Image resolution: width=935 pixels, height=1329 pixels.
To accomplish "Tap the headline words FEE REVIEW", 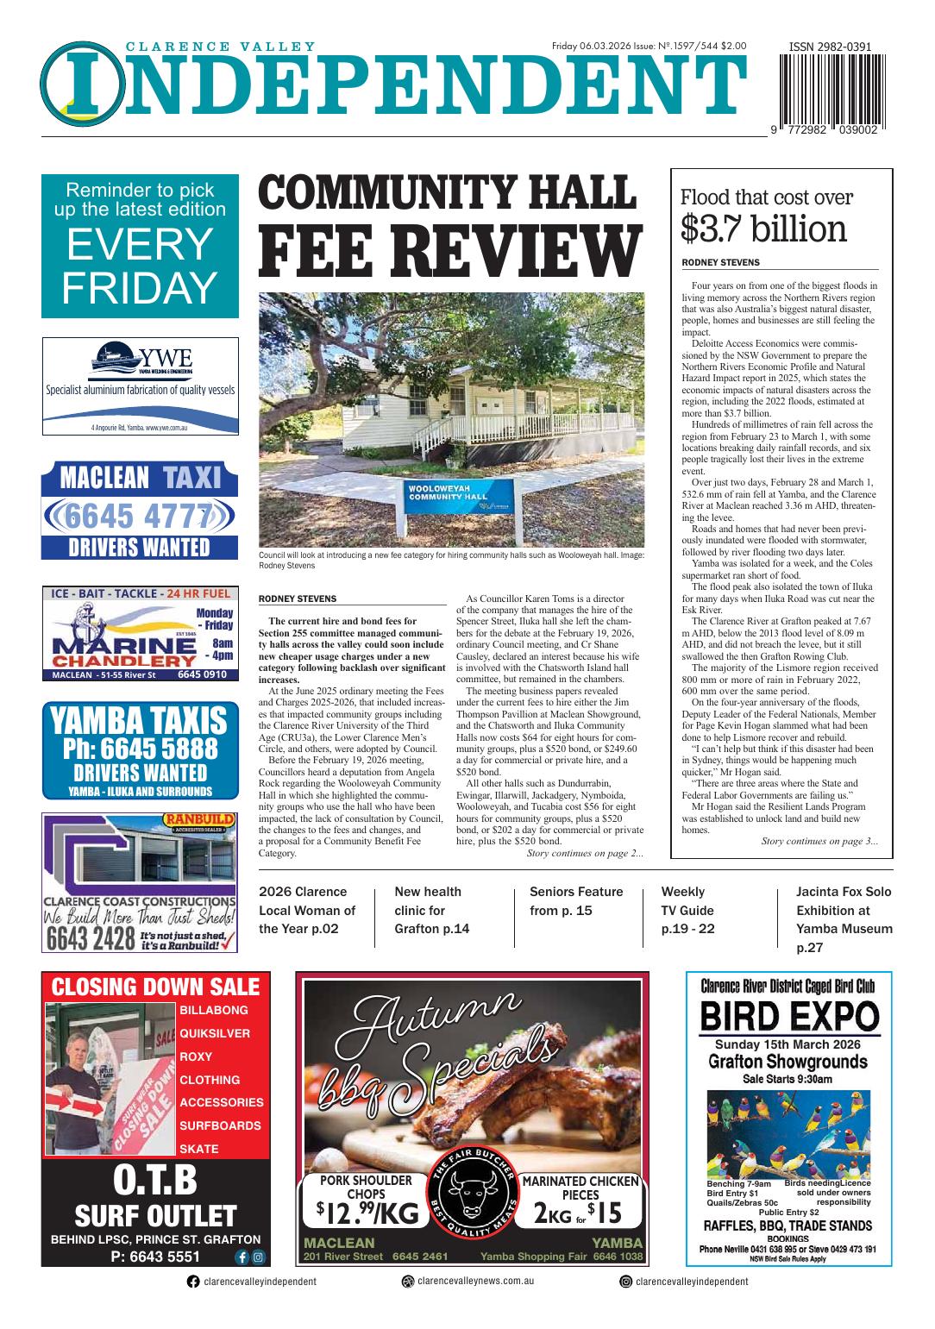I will pos(451,250).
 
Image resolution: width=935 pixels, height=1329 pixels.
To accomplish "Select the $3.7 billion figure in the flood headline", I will pos(763,229).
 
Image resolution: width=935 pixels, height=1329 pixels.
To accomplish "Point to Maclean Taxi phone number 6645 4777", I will pos(139,517).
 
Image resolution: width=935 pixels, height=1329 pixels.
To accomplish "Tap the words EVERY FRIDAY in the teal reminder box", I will pos(140,266).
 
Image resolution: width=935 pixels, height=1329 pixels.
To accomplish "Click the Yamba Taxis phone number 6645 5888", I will pos(140,748).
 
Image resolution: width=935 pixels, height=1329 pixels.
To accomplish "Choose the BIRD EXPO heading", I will pos(788,1017).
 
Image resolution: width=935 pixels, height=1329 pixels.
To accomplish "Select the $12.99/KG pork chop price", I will pos(367,1213).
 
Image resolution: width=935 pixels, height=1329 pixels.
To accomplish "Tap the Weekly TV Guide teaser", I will pos(688,910).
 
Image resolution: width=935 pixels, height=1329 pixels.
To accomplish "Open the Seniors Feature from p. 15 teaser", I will pos(576,900).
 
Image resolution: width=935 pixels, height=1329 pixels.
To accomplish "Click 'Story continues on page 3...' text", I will pos(819,841).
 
